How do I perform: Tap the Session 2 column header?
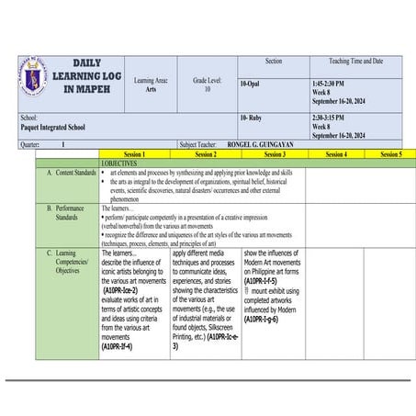[206, 155]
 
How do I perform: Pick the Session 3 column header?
[275, 155]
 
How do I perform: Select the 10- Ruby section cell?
[253, 118]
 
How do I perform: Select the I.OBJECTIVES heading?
[120, 163]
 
